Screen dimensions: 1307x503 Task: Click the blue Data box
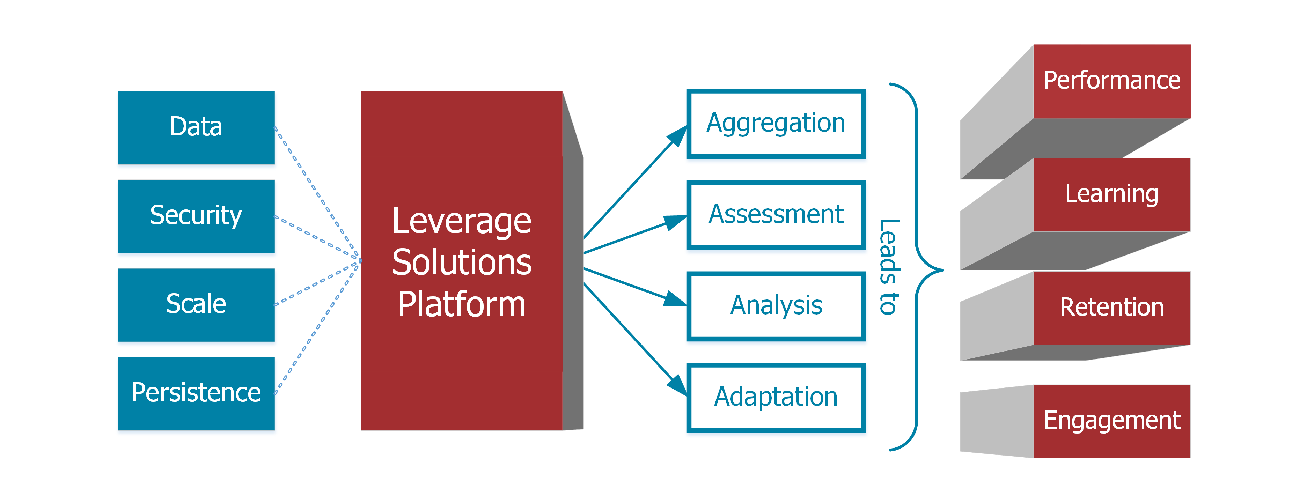(196, 128)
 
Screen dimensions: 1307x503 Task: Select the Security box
(196, 216)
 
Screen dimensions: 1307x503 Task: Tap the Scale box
(196, 305)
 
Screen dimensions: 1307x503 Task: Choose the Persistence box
(196, 394)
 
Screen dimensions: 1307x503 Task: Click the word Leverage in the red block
(462, 222)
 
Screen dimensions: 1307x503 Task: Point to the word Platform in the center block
(462, 304)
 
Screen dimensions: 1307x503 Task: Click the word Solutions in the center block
(462, 262)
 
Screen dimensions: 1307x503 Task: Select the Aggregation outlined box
(776, 124)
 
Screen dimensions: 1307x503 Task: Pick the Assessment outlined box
(776, 215)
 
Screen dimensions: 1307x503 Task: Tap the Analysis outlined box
(776, 306)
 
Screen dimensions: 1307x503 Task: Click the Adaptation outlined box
(776, 398)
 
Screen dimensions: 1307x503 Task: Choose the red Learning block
(1112, 195)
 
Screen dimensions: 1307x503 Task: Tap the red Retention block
(1112, 308)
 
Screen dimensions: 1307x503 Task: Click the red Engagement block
(1112, 421)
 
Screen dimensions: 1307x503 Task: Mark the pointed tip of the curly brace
(943, 270)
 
